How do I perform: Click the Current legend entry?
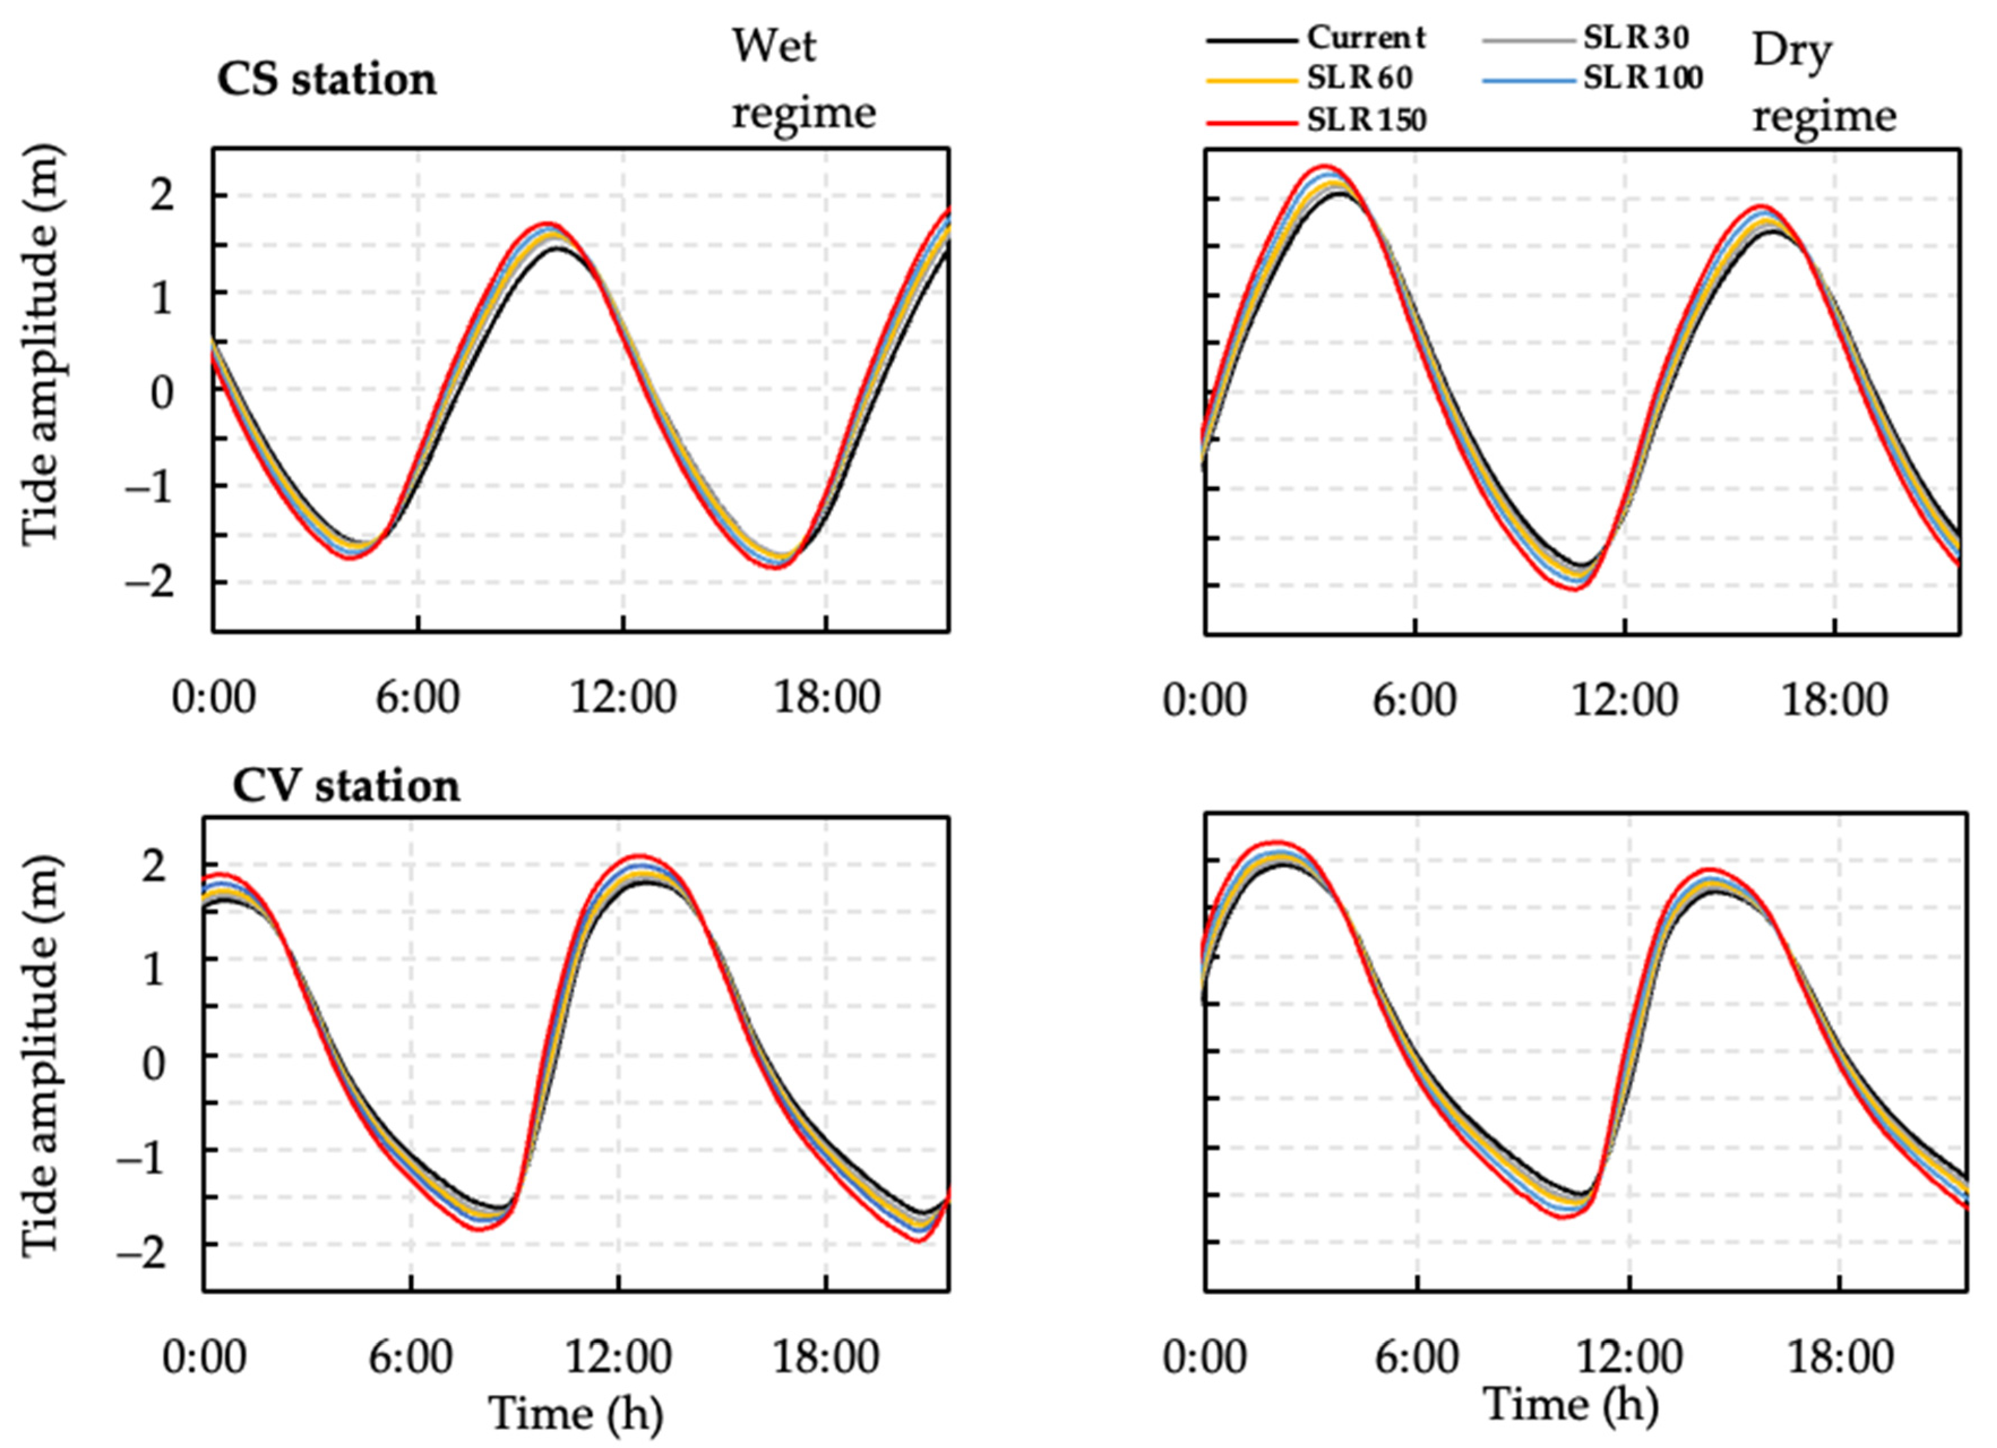(x=1365, y=38)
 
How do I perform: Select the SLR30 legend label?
(x=1635, y=38)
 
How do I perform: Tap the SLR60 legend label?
(x=1359, y=79)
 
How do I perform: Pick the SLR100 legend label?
(x=1642, y=79)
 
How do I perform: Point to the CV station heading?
(x=346, y=785)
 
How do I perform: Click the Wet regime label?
(x=802, y=79)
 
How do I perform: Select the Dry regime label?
(x=1823, y=84)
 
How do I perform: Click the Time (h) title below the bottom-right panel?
(x=1571, y=1404)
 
